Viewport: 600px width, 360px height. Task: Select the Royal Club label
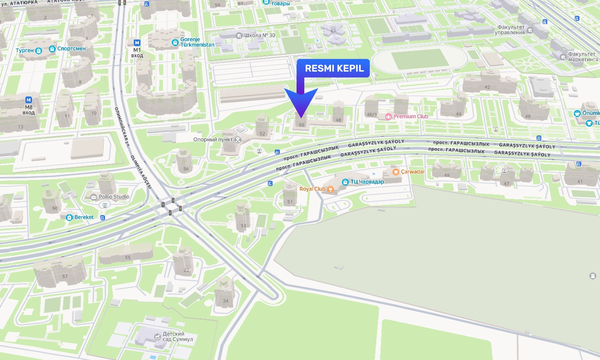coord(312,189)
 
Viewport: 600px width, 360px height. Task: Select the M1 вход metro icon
coord(137,42)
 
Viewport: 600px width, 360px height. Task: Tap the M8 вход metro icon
coord(29,100)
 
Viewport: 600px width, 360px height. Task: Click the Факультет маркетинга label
coord(583,57)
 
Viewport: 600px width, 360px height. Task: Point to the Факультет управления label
coord(510,30)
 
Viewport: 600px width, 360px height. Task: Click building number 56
coord(186,169)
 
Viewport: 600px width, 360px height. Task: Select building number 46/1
coord(372,114)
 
